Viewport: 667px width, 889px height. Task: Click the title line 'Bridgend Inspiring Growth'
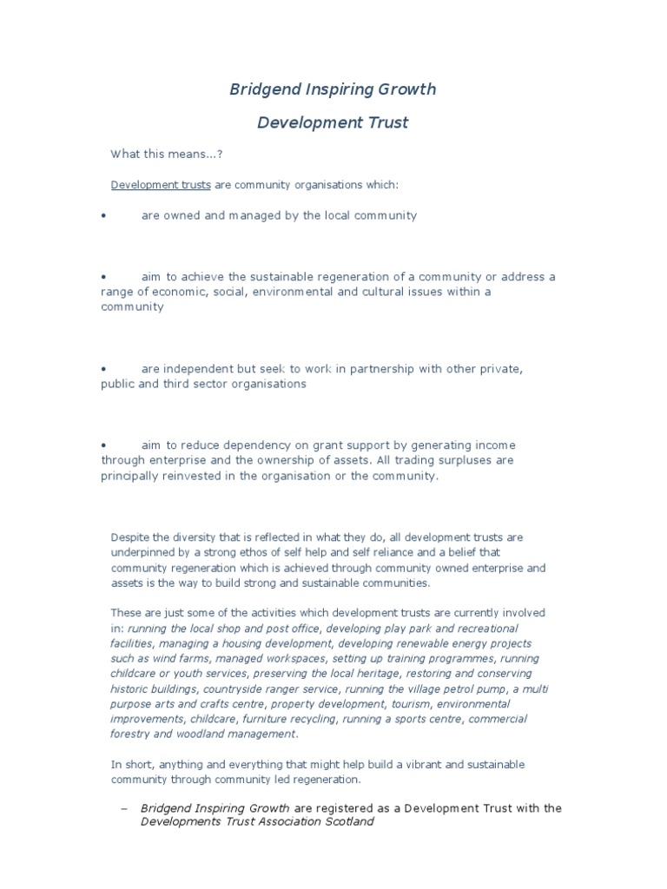point(333,89)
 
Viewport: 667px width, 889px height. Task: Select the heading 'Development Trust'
point(333,122)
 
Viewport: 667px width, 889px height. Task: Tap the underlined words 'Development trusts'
point(161,185)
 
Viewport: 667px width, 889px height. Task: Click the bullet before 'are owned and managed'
point(104,215)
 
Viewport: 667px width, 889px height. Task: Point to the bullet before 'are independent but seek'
point(104,369)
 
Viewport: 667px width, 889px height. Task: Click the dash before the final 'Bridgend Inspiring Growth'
point(123,808)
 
